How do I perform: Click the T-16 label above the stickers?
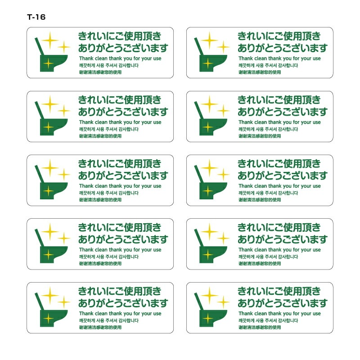36,17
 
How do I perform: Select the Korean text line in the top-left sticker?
109,65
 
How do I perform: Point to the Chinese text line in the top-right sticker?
260,72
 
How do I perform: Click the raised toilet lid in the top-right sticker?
199,46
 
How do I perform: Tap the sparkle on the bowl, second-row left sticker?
48,127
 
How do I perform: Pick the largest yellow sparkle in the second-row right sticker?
209,104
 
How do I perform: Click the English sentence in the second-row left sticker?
120,122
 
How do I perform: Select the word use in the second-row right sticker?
317,122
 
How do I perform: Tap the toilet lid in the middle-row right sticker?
199,174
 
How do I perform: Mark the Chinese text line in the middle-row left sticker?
100,200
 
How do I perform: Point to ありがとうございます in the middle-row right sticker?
283,175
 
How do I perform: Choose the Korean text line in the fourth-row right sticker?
268,257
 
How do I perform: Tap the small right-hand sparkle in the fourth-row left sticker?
63,238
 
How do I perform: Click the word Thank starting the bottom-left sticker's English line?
86,313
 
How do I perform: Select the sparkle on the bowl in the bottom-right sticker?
208,319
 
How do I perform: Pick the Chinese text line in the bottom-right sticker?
260,328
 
